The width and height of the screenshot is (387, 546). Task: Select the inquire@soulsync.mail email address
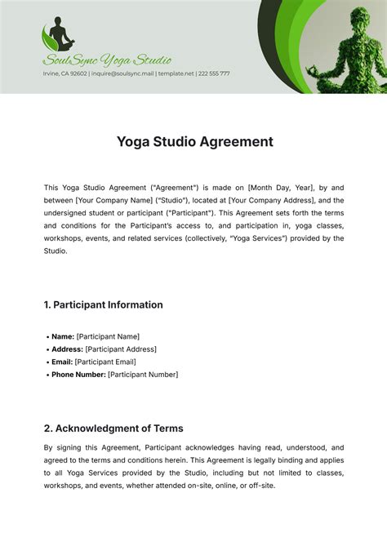(x=122, y=73)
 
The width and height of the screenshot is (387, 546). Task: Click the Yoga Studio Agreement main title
(x=193, y=142)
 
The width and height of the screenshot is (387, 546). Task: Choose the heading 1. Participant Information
(x=103, y=304)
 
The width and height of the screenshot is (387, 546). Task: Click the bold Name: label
(x=63, y=336)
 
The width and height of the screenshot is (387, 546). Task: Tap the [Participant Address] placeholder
(x=121, y=349)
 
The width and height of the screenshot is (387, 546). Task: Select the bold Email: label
(x=62, y=362)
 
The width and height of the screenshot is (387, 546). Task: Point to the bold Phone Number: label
(x=78, y=375)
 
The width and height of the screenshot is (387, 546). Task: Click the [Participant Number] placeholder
(x=143, y=375)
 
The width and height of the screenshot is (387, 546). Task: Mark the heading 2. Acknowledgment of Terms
(x=113, y=428)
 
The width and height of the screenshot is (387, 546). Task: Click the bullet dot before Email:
(x=46, y=362)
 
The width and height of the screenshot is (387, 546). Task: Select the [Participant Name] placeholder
(x=109, y=336)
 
